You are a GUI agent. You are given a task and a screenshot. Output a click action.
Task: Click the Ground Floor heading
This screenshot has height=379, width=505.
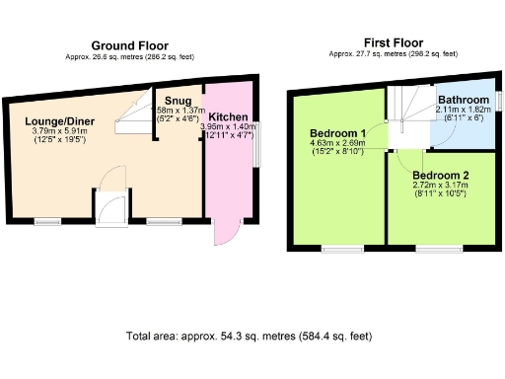[x=129, y=45]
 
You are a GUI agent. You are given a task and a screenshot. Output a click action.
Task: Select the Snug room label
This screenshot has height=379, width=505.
[x=179, y=100]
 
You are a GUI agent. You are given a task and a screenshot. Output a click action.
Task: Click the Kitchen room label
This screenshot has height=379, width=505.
[x=228, y=116]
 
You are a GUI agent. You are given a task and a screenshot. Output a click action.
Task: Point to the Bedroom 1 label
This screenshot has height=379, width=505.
[x=337, y=133]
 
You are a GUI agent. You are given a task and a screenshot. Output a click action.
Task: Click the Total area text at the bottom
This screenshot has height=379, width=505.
[x=250, y=337]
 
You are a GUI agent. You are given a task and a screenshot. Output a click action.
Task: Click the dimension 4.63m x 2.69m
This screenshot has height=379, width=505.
[x=337, y=143]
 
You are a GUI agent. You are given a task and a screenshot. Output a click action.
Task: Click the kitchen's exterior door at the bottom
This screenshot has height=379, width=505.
[x=226, y=234]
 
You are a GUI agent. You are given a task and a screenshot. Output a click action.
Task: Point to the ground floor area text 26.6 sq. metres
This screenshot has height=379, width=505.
[x=129, y=57]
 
